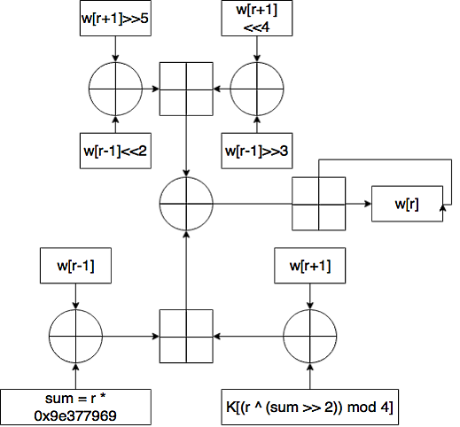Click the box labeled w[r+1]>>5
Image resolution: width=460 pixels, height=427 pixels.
click(115, 19)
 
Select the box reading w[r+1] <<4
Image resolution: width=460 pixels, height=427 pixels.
click(257, 19)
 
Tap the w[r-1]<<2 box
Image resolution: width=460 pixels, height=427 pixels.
click(115, 151)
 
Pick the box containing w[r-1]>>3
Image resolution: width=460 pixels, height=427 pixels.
click(257, 151)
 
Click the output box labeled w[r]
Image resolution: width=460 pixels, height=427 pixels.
click(407, 204)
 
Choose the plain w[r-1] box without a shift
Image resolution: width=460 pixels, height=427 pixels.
click(75, 266)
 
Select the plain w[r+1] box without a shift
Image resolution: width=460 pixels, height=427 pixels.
click(310, 266)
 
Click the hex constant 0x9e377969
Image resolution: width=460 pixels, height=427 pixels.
click(75, 415)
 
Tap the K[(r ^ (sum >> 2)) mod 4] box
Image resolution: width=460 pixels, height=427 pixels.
click(310, 408)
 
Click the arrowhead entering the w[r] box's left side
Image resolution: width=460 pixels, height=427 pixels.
click(368, 204)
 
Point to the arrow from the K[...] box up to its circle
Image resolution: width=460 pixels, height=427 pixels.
click(310, 377)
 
